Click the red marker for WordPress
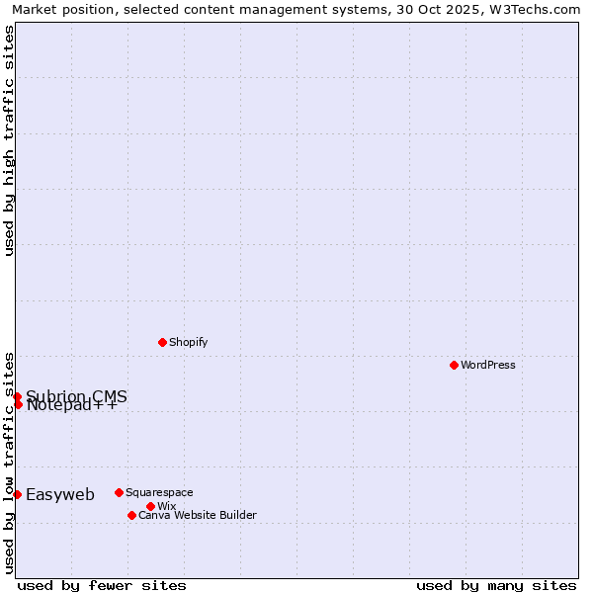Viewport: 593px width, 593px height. click(x=454, y=365)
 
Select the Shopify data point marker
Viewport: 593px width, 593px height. click(x=162, y=342)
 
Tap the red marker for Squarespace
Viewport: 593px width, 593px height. click(x=119, y=492)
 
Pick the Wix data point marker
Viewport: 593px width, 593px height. click(x=150, y=506)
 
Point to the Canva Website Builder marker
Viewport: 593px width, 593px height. click(x=131, y=515)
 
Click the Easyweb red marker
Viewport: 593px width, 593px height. click(x=17, y=494)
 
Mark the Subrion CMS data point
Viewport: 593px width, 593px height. click(x=17, y=396)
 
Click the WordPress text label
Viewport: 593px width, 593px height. click(x=488, y=365)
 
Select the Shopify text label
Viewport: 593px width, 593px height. click(x=189, y=342)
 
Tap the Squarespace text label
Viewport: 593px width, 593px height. click(x=159, y=492)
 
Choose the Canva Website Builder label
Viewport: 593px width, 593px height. click(x=198, y=515)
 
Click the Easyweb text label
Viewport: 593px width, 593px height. click(x=60, y=495)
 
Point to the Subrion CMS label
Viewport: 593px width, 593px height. click(x=76, y=396)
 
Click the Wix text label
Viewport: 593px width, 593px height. click(x=166, y=506)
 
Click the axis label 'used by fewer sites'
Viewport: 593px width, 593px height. click(x=102, y=585)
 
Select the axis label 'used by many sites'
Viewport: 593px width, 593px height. click(x=496, y=585)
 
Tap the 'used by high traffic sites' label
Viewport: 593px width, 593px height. click(x=9, y=140)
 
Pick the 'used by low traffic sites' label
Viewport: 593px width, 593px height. click(x=9, y=463)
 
